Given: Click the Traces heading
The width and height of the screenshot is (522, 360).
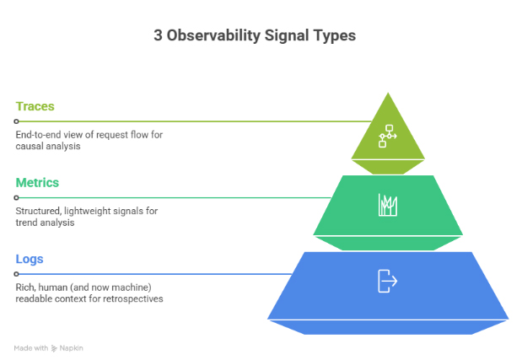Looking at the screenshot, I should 35,107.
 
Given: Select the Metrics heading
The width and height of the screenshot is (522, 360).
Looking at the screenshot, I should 37,183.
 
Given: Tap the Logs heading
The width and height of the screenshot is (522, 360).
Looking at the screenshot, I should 30,259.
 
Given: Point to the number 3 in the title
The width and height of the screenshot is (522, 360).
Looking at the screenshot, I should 158,35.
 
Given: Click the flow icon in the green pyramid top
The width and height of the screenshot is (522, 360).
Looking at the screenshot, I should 388,135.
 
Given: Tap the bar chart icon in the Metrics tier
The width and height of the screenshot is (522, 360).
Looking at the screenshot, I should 388,205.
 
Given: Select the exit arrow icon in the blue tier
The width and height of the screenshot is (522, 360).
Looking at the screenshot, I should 387,281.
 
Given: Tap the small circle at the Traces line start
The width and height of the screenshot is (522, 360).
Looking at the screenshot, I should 16,121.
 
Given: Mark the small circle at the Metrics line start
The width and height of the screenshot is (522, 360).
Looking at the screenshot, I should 16,197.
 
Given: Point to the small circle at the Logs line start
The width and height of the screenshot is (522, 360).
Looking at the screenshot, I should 16,273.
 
